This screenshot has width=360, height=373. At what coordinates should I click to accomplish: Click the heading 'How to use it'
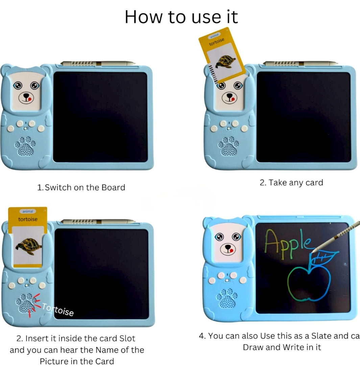coord(181,17)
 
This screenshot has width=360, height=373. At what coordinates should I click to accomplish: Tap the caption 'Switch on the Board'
coord(85,187)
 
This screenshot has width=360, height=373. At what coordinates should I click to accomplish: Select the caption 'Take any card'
coord(296,183)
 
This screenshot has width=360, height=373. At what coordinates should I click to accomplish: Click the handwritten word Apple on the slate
coord(287,244)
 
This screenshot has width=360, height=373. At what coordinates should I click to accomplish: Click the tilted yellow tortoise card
coord(222,55)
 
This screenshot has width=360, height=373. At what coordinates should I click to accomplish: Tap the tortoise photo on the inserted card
coord(28,247)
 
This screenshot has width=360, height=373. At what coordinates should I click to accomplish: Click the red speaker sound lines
coord(34,304)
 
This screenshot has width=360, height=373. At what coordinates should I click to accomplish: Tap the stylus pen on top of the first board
coord(98,63)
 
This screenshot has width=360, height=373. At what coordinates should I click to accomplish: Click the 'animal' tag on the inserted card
coord(28,211)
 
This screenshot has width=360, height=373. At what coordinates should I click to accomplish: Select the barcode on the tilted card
coord(213,74)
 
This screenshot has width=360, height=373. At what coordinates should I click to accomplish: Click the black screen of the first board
coord(100,117)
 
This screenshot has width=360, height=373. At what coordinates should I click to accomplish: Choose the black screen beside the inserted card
coord(101,274)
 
